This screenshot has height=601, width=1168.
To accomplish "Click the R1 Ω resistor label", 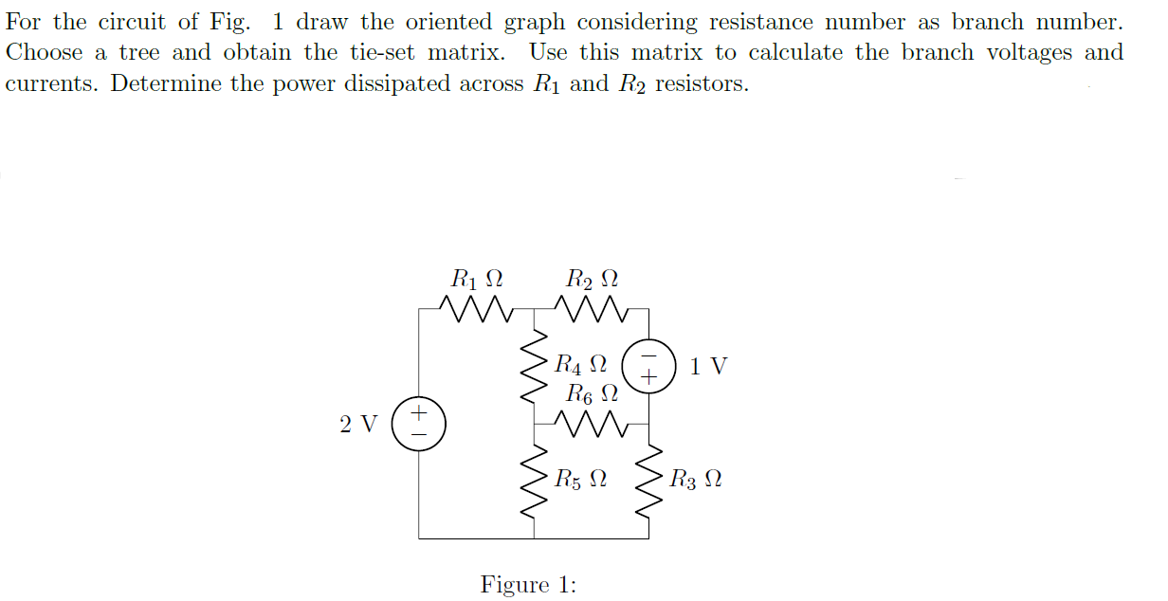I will [476, 280].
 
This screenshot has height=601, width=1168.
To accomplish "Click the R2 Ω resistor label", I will [592, 280].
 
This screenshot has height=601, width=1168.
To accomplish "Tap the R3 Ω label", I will [695, 480].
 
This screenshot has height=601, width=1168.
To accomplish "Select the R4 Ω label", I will [579, 364].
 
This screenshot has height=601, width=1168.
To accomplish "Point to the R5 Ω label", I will [580, 480].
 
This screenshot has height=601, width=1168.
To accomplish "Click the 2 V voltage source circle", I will [419, 423].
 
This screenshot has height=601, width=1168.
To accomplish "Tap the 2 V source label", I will [358, 424].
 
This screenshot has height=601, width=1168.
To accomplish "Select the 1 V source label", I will [708, 366].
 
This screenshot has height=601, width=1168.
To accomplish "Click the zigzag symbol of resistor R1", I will [476, 308].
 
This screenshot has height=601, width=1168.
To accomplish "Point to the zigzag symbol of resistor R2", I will [592, 308].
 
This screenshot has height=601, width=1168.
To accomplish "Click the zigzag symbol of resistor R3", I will [649, 481].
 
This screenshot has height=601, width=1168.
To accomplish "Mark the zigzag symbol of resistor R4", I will [534, 366].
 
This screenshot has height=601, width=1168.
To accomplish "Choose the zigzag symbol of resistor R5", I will [534, 481].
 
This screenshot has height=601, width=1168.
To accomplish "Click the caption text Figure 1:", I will [528, 585].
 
